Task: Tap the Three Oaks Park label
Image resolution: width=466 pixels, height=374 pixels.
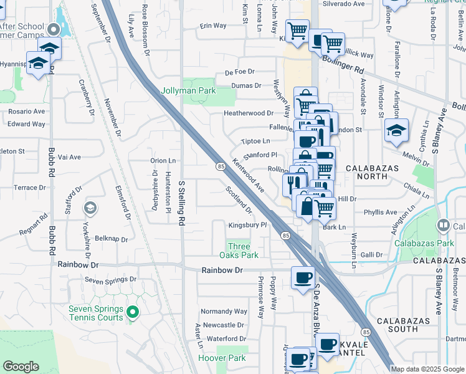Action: coord(239,251)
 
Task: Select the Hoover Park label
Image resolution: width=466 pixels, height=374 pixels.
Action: coord(214,358)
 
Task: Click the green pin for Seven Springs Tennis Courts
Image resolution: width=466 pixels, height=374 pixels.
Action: coord(132,312)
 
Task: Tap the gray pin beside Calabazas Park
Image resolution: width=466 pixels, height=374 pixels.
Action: coord(444,225)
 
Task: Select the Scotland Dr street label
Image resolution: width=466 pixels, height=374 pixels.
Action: coord(239,200)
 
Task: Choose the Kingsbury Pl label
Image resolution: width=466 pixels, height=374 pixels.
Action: coord(247,224)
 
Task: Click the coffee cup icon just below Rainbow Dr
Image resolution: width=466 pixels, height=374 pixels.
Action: coord(303,277)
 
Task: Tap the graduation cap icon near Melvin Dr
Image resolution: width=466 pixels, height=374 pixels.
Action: coord(396,130)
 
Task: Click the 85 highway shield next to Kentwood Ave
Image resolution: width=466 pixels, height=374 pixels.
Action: coord(221,166)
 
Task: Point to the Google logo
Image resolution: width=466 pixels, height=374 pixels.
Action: coord(21,367)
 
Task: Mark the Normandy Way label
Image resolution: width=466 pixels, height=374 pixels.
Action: coord(224,311)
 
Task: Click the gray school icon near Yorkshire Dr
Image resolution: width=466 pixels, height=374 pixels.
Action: coord(90,208)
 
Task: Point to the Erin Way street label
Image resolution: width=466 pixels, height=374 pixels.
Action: coord(213,26)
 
